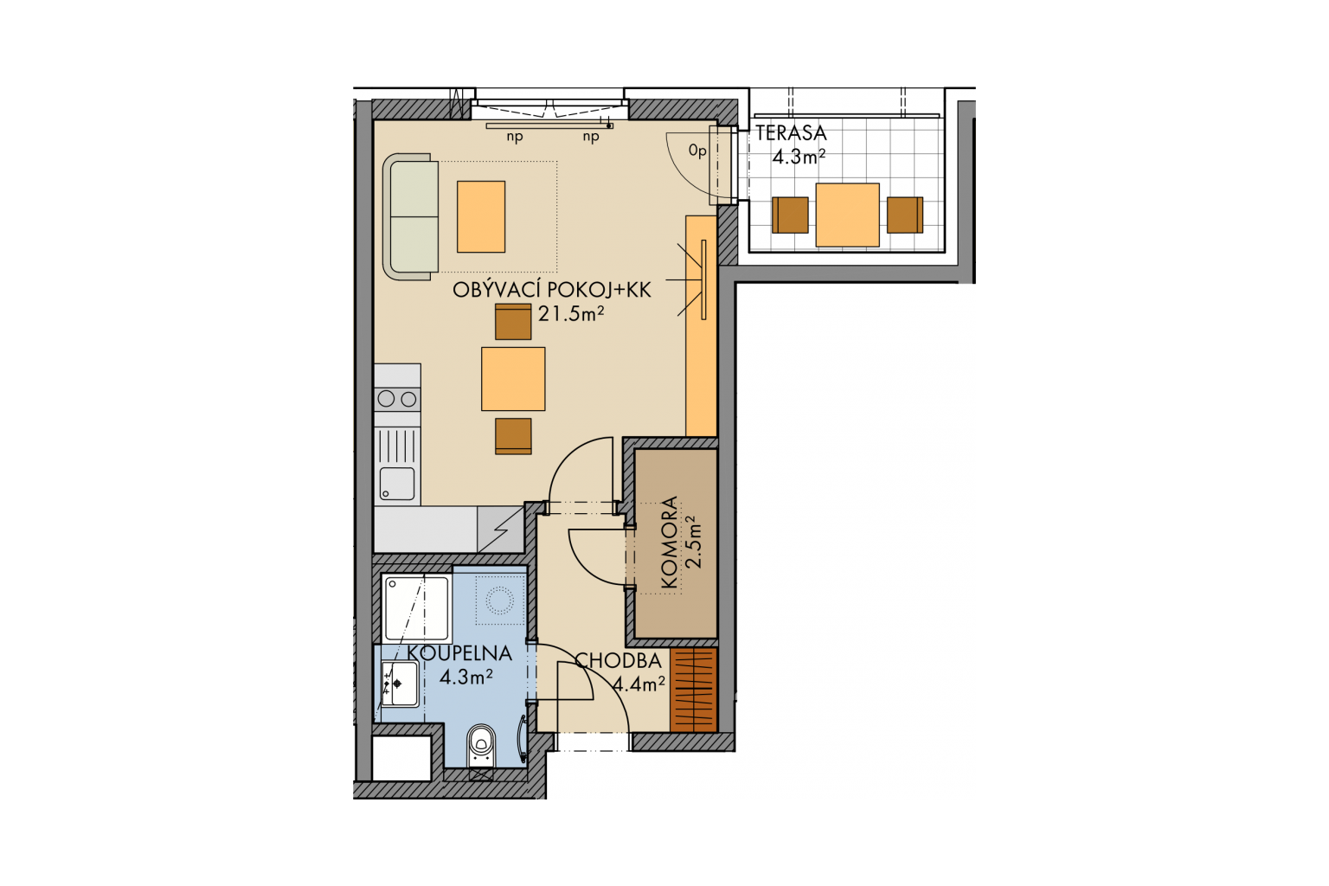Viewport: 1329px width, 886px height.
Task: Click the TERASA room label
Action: pos(791,133)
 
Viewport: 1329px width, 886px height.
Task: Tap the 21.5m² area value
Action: pos(571,313)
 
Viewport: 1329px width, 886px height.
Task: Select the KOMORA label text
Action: pos(669,543)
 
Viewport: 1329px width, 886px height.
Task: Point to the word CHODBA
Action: pos(618,661)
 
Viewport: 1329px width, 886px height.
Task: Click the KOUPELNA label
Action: pos(459,653)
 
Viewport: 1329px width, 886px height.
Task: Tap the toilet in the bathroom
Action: pos(481,745)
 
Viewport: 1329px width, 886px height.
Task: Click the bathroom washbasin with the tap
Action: pos(400,684)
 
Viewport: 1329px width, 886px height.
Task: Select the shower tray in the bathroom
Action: pos(416,608)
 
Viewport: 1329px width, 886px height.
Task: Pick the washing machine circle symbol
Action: pos(499,600)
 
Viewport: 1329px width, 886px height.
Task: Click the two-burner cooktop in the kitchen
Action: pos(397,399)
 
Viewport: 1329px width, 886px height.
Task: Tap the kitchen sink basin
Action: pos(397,484)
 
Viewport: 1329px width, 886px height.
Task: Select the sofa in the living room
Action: pos(411,216)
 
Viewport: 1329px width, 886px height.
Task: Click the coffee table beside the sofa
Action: pos(481,216)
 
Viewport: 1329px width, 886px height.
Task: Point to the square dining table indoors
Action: pos(513,379)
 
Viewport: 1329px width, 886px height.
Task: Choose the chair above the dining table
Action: pos(513,322)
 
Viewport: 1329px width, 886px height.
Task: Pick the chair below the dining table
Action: pos(513,436)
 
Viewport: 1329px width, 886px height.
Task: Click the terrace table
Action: pos(847,215)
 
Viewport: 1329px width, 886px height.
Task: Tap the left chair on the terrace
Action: pos(790,215)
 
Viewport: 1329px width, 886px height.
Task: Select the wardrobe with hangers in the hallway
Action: pos(694,690)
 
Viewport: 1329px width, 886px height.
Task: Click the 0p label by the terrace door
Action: pos(697,151)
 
